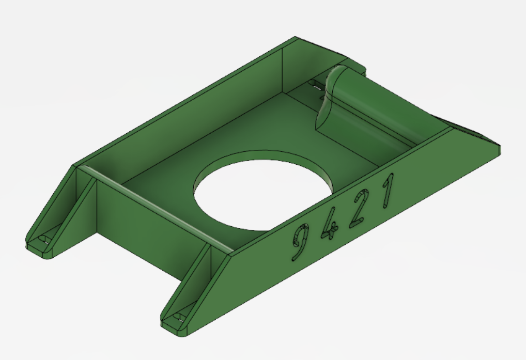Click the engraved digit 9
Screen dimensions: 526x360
299,242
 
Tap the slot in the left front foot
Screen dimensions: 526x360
43,240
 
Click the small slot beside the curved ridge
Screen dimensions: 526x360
316,85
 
